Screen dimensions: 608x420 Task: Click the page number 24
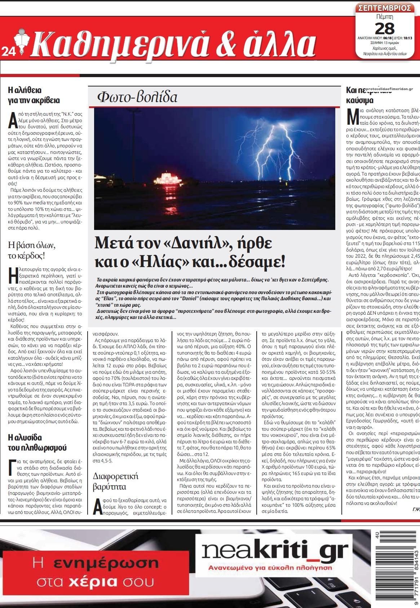point(7,52)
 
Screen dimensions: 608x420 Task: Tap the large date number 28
point(384,28)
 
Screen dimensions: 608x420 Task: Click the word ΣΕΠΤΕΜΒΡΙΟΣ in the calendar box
point(384,8)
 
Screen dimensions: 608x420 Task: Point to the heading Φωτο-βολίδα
point(137,97)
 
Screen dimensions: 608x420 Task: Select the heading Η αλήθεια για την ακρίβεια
point(34,95)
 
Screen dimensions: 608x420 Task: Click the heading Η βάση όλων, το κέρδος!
point(32,251)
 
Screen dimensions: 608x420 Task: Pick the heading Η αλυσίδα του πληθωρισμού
point(37,443)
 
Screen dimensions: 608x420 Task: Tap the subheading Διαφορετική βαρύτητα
point(115,481)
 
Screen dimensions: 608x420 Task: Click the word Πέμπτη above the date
point(384,17)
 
